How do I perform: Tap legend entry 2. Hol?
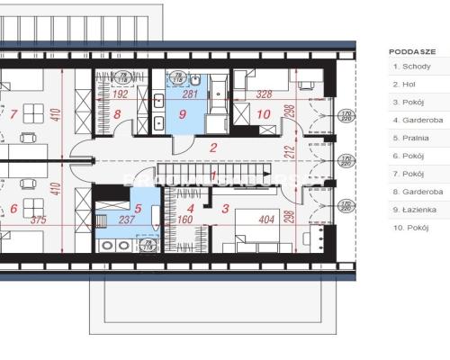coord(403,85)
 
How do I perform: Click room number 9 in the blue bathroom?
coord(182,115)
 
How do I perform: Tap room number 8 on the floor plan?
coord(118,114)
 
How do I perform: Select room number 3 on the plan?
coord(223,209)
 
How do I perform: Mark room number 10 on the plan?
coord(263,114)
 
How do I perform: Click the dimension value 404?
coord(266,219)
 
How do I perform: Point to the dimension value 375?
coord(36,219)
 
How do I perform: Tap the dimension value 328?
coord(264,93)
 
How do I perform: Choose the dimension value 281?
coord(190,93)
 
